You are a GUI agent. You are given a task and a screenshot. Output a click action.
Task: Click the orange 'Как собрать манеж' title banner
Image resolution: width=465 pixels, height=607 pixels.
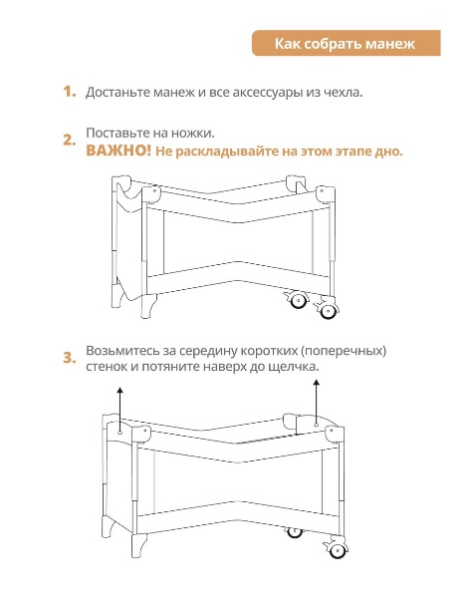[x=347, y=43]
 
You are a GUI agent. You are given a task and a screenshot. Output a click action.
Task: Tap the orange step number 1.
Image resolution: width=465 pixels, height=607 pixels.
[x=70, y=92]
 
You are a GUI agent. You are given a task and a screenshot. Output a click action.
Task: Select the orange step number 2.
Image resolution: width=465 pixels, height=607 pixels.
[x=70, y=141]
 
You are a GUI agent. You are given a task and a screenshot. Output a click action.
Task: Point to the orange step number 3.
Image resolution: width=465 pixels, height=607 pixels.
[x=70, y=358]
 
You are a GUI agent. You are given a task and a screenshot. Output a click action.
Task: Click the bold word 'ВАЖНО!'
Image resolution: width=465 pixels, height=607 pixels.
[x=118, y=151]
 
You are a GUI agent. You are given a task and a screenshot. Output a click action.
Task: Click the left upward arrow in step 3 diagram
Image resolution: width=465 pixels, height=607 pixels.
[x=120, y=410]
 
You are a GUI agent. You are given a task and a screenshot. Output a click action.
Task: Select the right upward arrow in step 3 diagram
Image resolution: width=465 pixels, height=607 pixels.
[x=317, y=403]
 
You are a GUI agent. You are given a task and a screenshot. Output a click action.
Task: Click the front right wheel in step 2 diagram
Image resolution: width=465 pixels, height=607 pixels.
[x=328, y=310]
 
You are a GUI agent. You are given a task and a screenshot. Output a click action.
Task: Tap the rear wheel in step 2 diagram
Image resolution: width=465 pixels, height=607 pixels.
[x=298, y=301]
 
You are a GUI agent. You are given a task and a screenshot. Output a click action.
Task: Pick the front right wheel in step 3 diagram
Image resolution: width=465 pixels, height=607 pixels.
[x=338, y=550]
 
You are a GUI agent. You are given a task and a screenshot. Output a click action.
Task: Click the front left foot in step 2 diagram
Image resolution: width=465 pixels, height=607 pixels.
[x=148, y=306]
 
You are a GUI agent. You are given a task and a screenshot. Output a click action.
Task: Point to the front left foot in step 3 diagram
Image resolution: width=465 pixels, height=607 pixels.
[x=138, y=546]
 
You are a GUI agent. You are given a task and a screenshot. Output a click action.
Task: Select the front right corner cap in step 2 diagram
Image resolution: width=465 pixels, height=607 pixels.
[x=325, y=194]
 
